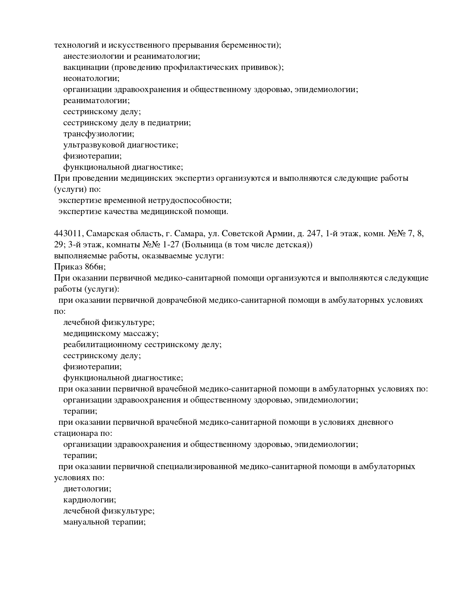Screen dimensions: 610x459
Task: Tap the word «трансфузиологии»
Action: pos(98,134)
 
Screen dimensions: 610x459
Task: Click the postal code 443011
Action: pos(68,234)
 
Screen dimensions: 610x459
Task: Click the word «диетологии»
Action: pos(87,489)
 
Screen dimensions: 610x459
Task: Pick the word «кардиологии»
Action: pos(89,500)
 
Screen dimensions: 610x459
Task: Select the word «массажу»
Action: pos(142,333)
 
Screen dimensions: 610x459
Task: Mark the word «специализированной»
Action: pos(196,467)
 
